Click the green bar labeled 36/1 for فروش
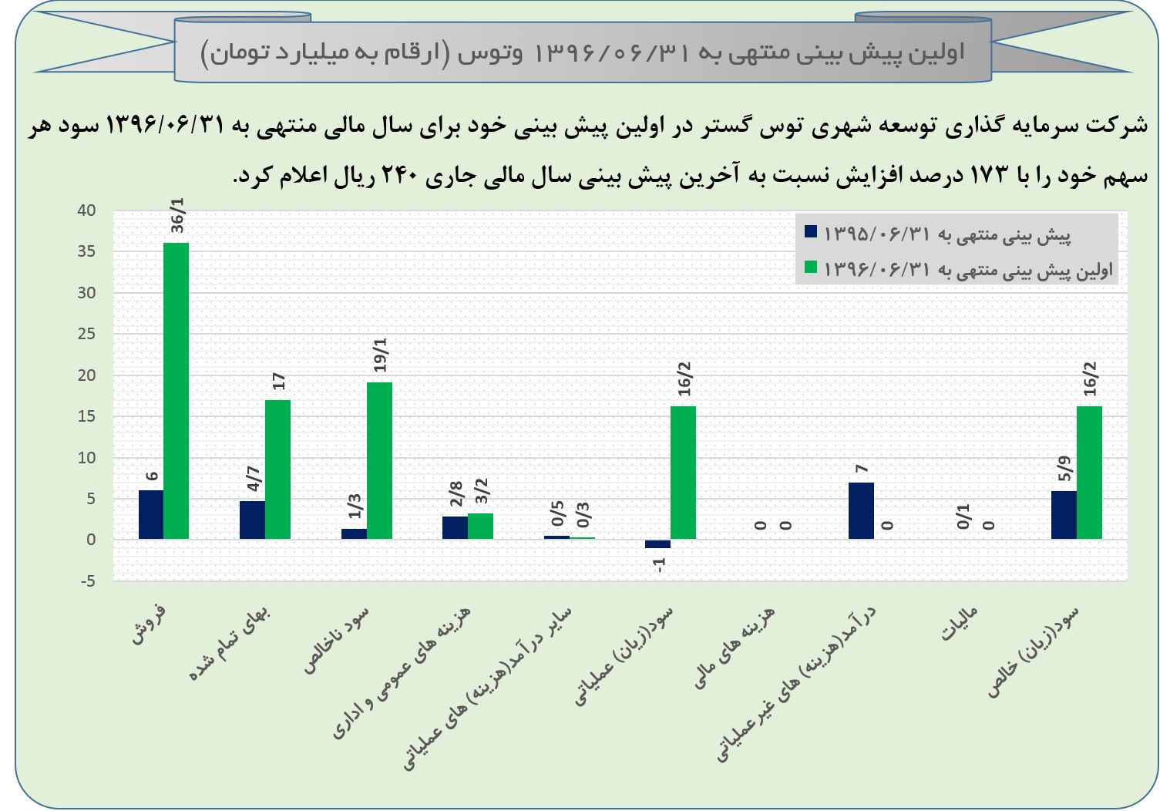(x=177, y=390)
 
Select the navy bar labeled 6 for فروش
(x=151, y=514)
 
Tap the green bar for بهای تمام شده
(x=277, y=469)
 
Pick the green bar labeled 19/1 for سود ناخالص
(x=379, y=460)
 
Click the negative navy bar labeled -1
(x=657, y=543)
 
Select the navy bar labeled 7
(x=861, y=510)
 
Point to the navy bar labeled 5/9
(x=1064, y=514)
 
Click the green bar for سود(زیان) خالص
(x=1089, y=472)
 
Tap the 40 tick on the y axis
(x=86, y=210)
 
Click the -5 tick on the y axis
(x=86, y=581)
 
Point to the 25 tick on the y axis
(x=86, y=334)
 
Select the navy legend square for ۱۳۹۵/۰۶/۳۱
(x=810, y=231)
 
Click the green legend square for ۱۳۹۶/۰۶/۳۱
(x=810, y=268)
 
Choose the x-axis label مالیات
(x=960, y=624)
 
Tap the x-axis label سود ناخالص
(x=337, y=640)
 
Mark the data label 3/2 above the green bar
(x=482, y=491)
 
